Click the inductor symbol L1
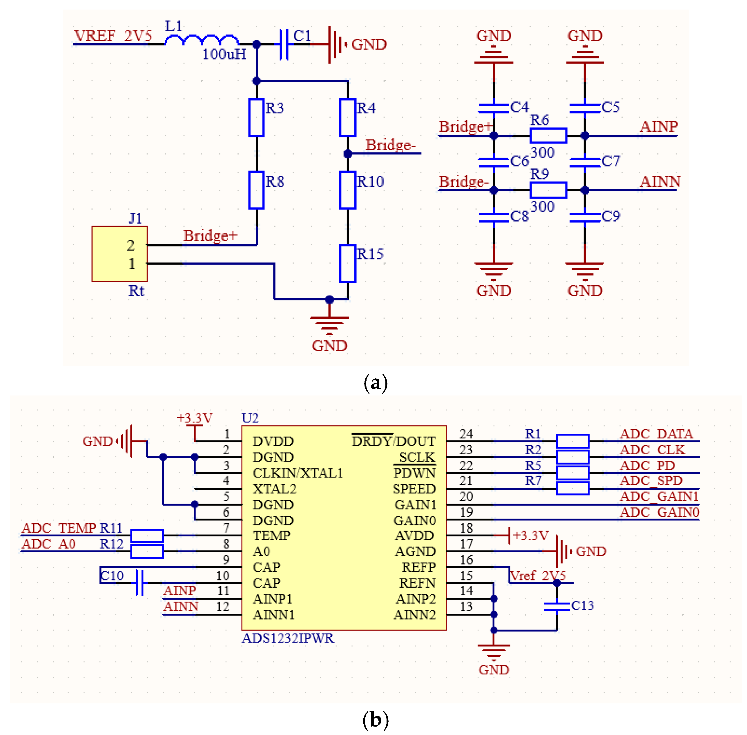[x=202, y=40]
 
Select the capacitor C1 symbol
[x=284, y=44]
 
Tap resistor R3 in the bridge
[x=256, y=117]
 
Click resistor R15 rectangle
[x=347, y=263]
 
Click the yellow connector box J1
[x=119, y=254]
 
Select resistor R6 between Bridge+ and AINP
[x=548, y=135]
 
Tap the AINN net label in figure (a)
[x=659, y=182]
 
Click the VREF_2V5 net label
[x=113, y=36]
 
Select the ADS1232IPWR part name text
[x=288, y=638]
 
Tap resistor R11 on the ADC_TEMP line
[x=147, y=536]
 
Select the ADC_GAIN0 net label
[x=659, y=512]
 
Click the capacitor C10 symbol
[x=140, y=582]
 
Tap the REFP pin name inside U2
[x=418, y=567]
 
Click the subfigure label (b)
[x=375, y=720]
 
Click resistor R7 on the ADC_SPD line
[x=572, y=488]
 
